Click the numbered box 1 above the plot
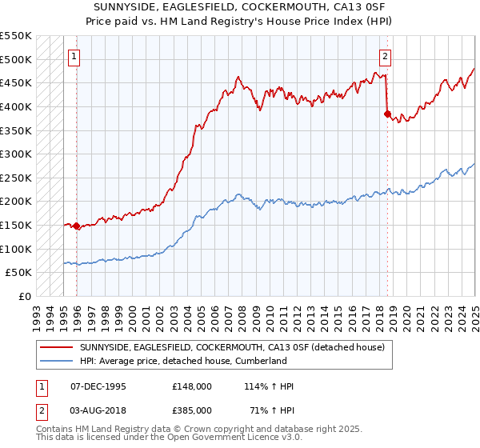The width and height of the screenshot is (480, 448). pyautogui.click(x=74, y=56)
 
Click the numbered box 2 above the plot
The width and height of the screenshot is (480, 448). pyautogui.click(x=385, y=56)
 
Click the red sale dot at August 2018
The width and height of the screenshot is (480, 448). pyautogui.click(x=387, y=114)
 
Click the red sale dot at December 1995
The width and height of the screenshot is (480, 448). pyautogui.click(x=77, y=226)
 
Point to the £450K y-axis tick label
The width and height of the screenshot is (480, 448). pyautogui.click(x=16, y=82)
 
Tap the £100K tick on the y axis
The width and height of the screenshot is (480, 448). pyautogui.click(x=16, y=249)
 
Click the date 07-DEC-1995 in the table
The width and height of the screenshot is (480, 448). pyautogui.click(x=98, y=386)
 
